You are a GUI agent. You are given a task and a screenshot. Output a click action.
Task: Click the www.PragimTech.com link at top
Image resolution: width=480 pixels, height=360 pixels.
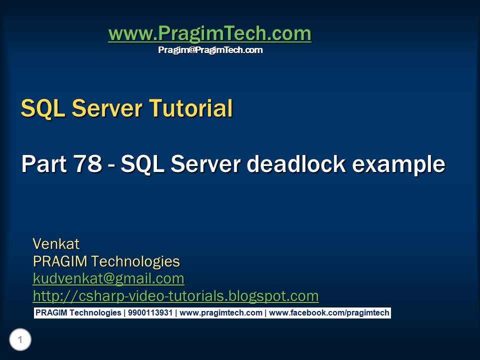pyautogui.click(x=209, y=34)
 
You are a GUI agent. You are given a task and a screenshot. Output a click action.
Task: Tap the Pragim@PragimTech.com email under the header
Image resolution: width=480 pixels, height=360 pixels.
pyautogui.click(x=210, y=50)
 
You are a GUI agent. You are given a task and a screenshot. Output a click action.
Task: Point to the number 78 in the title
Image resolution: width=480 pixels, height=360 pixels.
pyautogui.click(x=87, y=164)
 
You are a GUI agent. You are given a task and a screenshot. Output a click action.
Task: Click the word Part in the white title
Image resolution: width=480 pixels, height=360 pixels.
pyautogui.click(x=43, y=164)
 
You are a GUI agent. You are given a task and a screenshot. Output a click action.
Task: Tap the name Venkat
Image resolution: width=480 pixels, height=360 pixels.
pyautogui.click(x=56, y=244)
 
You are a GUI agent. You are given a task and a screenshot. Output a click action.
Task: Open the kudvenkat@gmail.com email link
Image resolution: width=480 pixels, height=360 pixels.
pyautogui.click(x=108, y=278)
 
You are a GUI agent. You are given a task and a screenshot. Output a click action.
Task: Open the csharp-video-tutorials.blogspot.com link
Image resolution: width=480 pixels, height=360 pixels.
pyautogui.click(x=175, y=295)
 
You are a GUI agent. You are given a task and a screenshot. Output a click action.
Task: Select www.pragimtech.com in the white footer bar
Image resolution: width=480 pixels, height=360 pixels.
pyautogui.click(x=220, y=313)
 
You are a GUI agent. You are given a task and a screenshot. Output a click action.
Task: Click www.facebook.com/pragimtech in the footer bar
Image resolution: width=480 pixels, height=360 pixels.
pyautogui.click(x=329, y=313)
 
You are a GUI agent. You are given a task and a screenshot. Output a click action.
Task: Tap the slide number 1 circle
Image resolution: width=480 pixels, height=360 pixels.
pyautogui.click(x=20, y=340)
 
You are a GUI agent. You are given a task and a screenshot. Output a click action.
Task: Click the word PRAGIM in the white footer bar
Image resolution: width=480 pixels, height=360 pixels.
pyautogui.click(x=51, y=313)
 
